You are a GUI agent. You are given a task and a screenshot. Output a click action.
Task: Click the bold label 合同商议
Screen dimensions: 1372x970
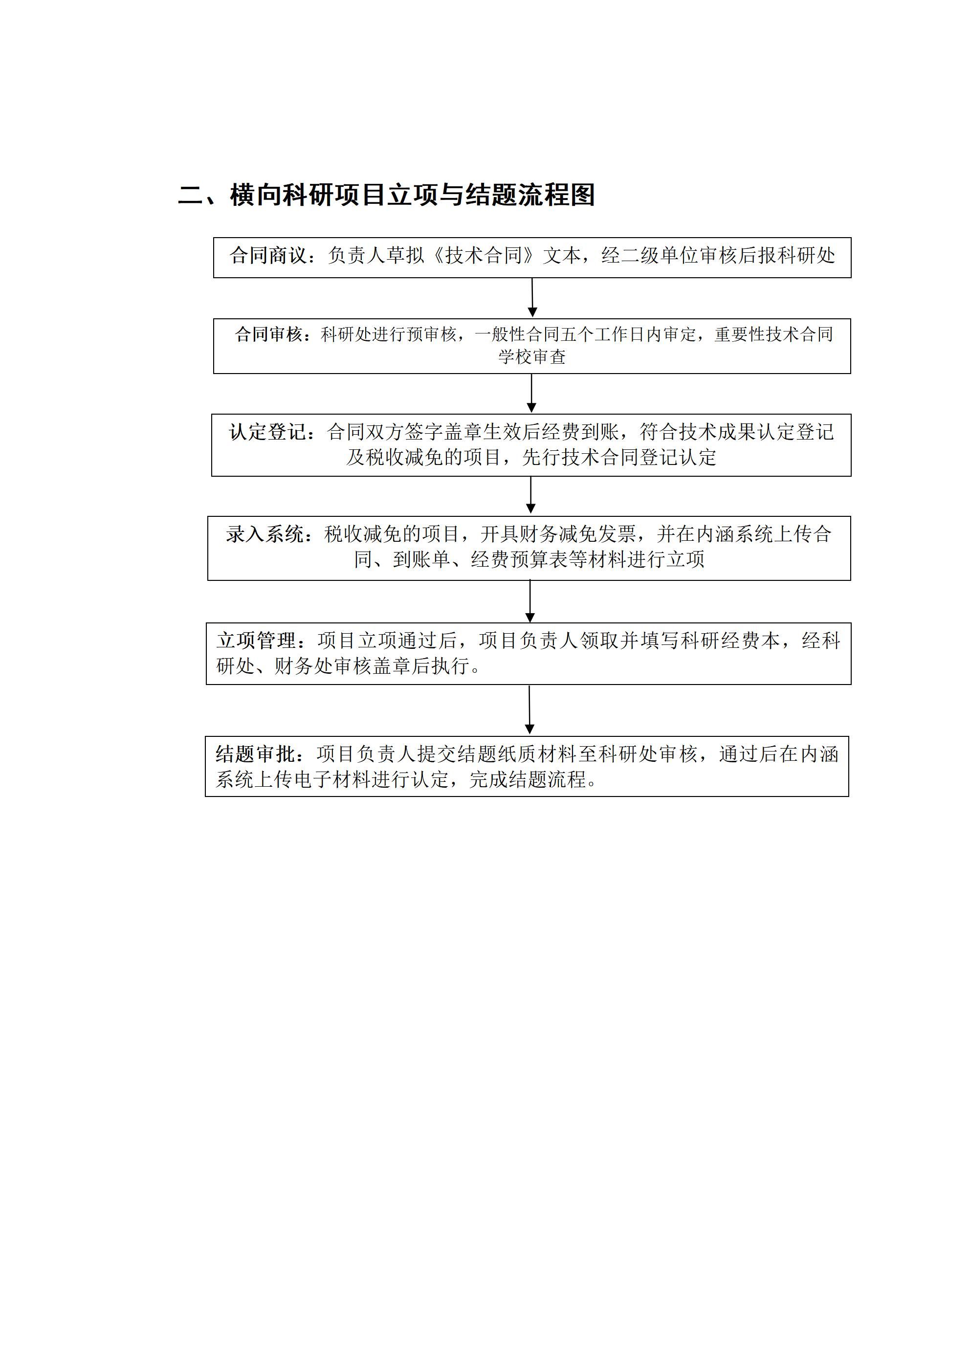[x=268, y=256]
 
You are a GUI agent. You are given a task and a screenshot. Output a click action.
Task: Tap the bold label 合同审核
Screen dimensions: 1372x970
[x=268, y=334]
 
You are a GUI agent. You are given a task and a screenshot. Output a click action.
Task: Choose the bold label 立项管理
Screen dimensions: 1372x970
[x=256, y=641]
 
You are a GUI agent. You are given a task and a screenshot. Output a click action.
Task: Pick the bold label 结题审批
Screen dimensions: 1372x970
[x=255, y=754]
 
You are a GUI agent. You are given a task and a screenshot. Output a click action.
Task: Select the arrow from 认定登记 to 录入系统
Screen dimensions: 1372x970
[x=531, y=495]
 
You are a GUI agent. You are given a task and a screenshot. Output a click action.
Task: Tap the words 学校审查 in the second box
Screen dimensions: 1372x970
[x=532, y=357]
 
